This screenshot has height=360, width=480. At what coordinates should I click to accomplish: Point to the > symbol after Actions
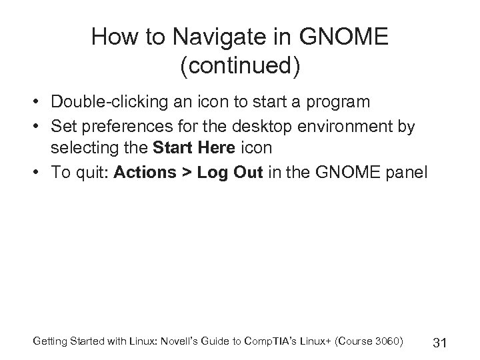[x=185, y=173]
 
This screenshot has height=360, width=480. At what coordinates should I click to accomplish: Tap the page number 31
[x=439, y=343]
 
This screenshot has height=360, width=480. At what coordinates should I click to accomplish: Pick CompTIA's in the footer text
[x=273, y=342]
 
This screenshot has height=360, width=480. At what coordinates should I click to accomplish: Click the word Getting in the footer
[x=49, y=342]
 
